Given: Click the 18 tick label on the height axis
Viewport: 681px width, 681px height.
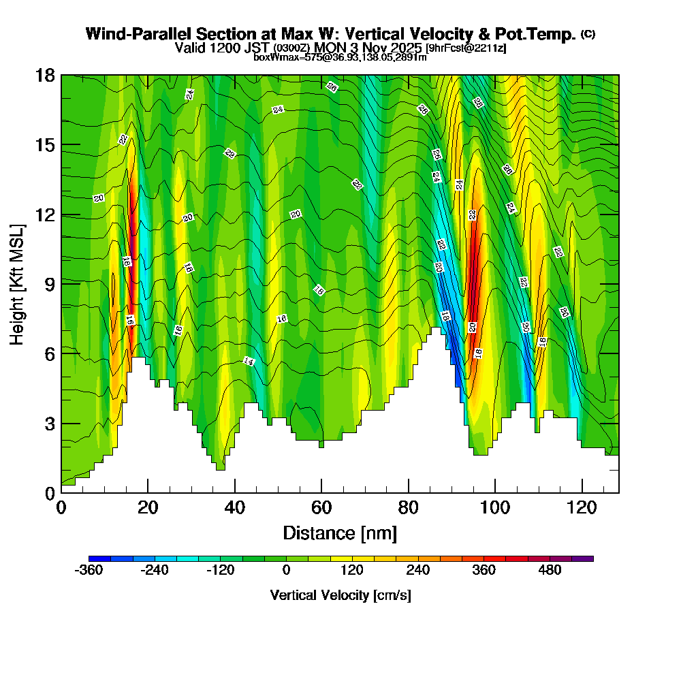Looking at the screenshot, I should [45, 75].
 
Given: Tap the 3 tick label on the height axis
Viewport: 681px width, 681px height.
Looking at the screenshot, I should [48, 424].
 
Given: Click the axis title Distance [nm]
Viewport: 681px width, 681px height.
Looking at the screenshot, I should [340, 532].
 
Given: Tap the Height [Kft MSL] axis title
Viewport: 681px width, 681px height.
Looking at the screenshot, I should [17, 283].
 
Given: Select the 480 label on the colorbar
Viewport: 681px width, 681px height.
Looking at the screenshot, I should [550, 570].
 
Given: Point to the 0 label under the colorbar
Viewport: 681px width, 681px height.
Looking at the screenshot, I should [286, 570].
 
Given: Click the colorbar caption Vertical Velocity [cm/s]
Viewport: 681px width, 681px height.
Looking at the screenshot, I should [340, 595].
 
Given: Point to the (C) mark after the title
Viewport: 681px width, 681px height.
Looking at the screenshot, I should [588, 33].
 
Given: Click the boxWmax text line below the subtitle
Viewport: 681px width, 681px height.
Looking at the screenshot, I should [340, 57].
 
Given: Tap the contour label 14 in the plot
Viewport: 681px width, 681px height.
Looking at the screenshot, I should [249, 362].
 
